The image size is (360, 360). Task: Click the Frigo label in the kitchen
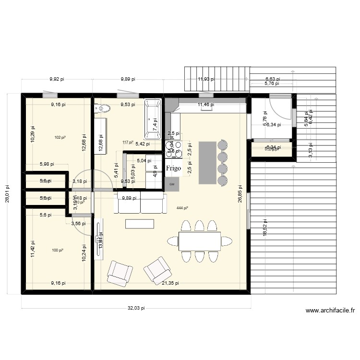[173, 168]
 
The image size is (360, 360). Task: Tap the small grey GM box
[172, 184]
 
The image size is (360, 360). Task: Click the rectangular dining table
[200, 241]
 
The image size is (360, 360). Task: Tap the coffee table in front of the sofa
[139, 224]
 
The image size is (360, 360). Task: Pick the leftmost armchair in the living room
[119, 274]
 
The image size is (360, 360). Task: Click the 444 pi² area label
[182, 208]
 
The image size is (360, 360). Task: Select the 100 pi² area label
[58, 250]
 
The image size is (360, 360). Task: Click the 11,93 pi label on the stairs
[206, 80]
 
